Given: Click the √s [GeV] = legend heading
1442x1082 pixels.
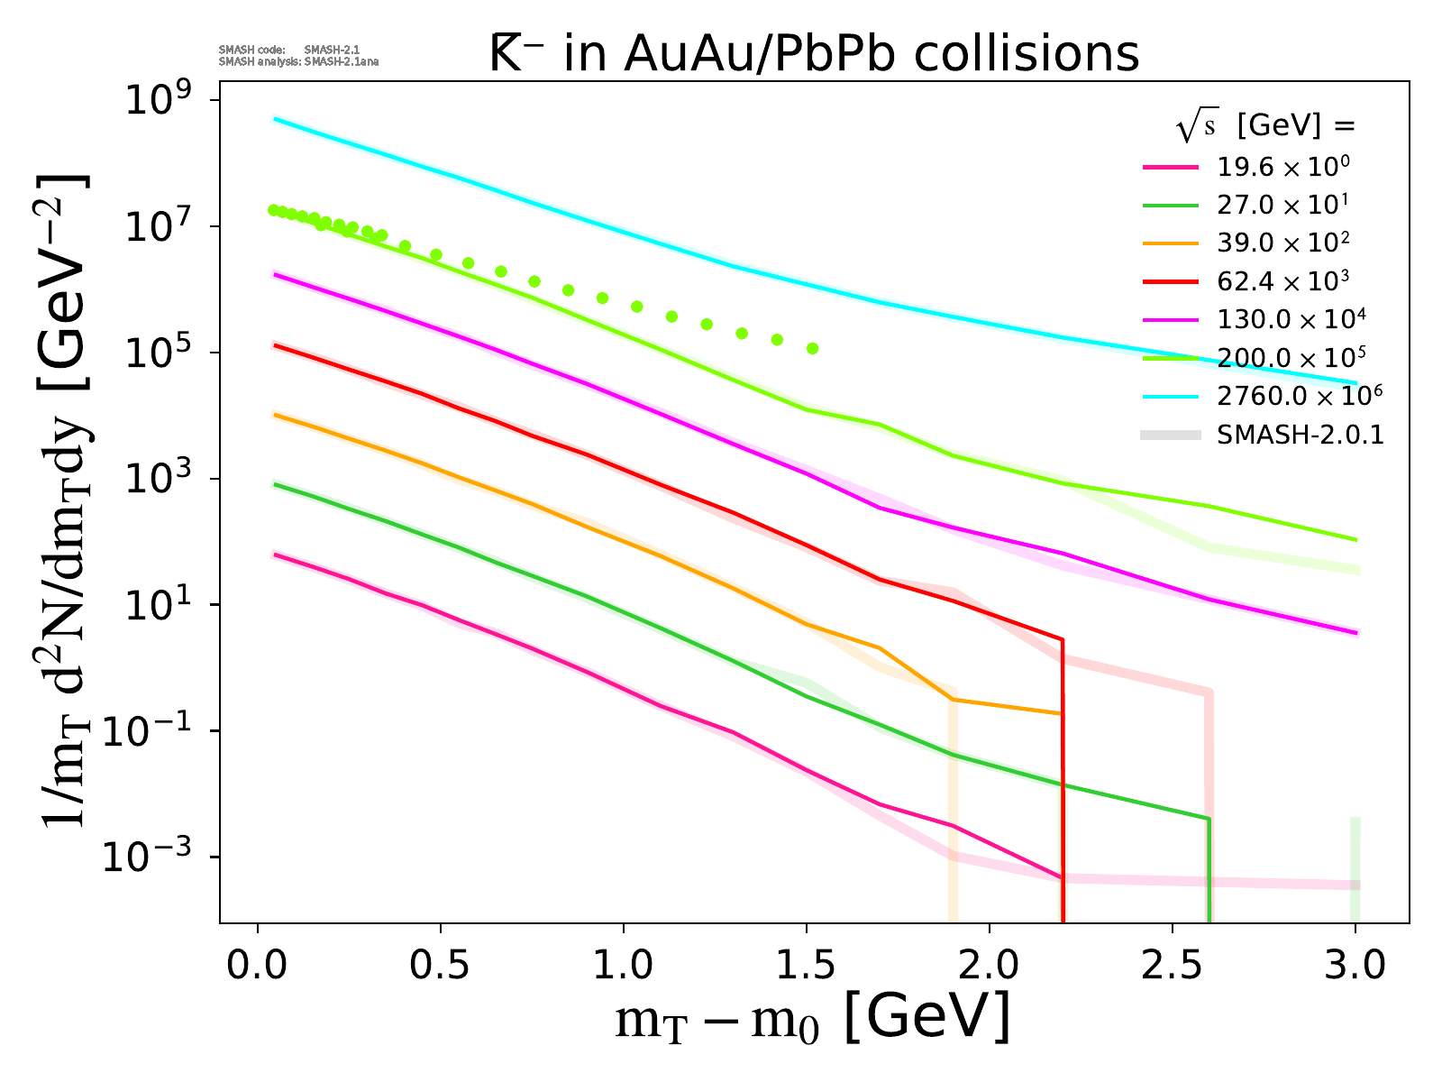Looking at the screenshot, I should tap(1265, 127).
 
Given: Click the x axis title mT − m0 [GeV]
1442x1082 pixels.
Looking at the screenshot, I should tap(812, 1020).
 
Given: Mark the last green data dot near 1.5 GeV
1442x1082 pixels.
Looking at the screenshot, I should tap(812, 348).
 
